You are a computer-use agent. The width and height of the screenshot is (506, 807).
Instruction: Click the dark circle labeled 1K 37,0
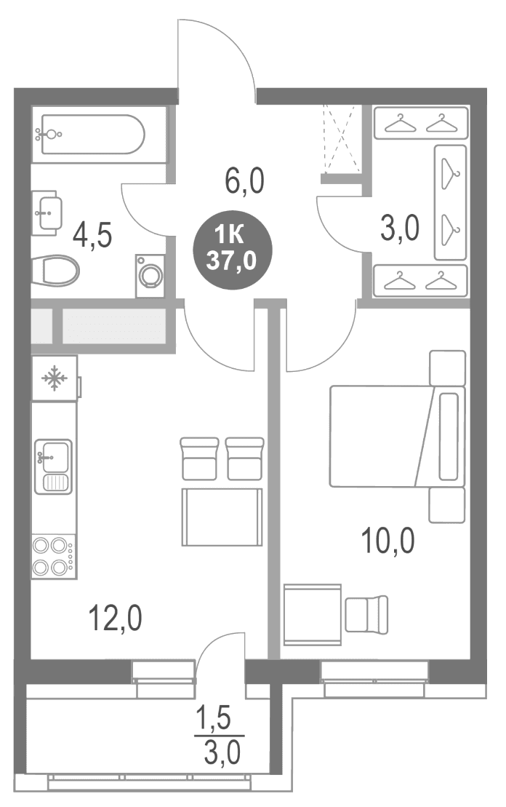point(233,250)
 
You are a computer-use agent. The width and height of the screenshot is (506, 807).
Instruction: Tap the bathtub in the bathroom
point(92,135)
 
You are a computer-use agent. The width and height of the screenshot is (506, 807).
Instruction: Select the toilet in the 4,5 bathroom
point(55,271)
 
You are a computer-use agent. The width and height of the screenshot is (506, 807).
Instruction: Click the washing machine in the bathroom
point(150,275)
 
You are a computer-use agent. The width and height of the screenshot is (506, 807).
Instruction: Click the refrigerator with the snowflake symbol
point(55,379)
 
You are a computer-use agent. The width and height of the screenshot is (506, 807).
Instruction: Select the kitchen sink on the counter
point(54,466)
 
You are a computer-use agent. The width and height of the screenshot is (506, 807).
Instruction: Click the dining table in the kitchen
point(222,517)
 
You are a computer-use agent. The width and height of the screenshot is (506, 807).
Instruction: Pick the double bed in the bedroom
point(397,436)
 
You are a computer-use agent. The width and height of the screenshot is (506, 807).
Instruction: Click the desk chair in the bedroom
point(366,614)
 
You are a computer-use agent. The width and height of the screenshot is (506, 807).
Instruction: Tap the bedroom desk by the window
point(312,614)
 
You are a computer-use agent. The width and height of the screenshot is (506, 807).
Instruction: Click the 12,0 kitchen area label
point(115,618)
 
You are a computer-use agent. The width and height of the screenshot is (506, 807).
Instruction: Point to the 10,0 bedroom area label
point(387,541)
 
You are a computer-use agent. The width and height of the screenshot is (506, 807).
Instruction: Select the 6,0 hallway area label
point(244,181)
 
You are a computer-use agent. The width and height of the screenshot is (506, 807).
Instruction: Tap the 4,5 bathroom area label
point(92,236)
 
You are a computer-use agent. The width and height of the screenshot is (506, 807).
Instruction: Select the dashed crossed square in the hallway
point(342,139)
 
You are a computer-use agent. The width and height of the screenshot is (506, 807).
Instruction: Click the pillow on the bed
point(449,436)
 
